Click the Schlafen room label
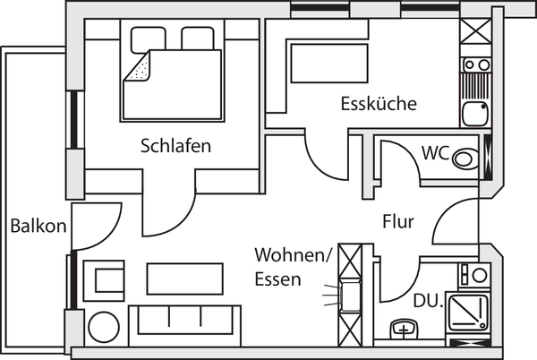coord(175,146)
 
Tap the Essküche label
coord(379,104)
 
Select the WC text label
coord(435,152)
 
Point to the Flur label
coord(397,222)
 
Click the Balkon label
coord(38,226)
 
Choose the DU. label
coord(430,302)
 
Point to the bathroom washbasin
coord(405,331)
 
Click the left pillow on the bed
coord(145,39)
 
